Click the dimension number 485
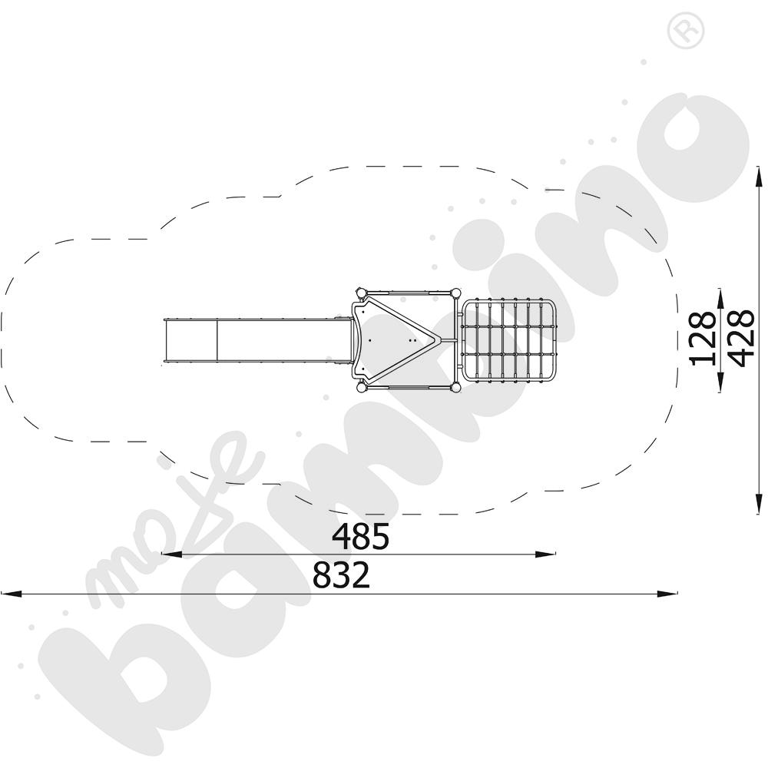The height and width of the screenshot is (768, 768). coord(360,537)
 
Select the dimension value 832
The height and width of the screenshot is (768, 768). coord(341,575)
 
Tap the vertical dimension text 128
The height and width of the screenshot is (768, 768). coord(703,339)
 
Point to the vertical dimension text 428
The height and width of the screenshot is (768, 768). coord(738,339)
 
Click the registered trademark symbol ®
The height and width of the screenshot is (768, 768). coord(679,31)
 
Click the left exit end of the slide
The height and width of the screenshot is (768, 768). coord(166,339)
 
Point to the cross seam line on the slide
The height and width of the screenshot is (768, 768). coord(217,339)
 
